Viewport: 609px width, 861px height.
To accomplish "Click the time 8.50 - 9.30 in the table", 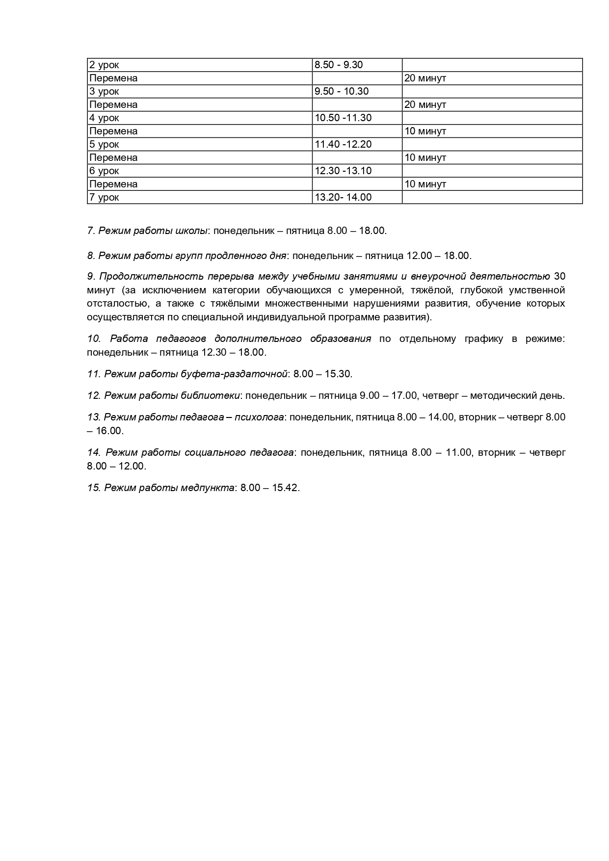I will pos(338,65).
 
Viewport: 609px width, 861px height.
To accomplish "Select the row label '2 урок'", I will pos(104,65).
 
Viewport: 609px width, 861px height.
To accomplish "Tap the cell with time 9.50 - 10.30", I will pos(342,91).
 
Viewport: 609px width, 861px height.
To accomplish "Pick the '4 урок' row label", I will pos(104,118).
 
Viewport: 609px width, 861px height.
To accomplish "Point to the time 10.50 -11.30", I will pos(343,118).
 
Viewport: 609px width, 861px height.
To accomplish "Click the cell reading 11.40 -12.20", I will pos(343,144).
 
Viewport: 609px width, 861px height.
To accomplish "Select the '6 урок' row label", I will pos(104,171).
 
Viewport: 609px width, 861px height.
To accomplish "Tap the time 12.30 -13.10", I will pos(343,171).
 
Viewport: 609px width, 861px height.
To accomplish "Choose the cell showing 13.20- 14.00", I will pos(343,197).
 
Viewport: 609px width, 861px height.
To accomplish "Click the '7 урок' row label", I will pos(104,197).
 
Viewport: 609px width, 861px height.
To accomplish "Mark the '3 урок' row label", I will pos(104,91).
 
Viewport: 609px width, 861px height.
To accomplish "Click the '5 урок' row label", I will pos(104,144).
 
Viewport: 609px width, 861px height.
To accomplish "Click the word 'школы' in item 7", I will pos(191,231).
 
